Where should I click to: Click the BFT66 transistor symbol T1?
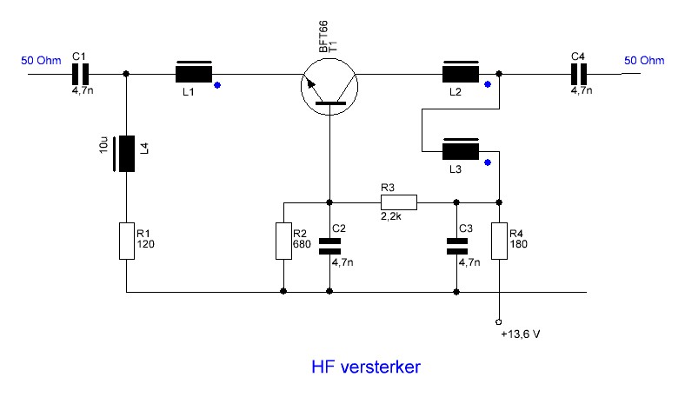(329, 87)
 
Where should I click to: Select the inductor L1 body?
(194, 72)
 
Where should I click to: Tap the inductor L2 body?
(461, 72)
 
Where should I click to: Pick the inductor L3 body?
(461, 149)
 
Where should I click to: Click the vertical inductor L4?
(126, 154)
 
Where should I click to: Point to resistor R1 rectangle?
(127, 242)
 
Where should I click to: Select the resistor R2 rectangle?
(283, 242)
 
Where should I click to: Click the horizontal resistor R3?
(399, 202)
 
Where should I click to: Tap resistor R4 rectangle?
(499, 242)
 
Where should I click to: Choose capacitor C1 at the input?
(80, 74)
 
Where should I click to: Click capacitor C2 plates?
(329, 247)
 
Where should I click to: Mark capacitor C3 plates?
(456, 247)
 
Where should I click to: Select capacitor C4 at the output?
(579, 74)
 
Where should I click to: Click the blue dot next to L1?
(217, 85)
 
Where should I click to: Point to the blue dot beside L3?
(488, 162)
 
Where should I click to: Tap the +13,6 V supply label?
(521, 334)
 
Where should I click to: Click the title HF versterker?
(366, 367)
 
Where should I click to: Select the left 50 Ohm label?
(41, 60)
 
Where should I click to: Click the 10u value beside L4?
(103, 144)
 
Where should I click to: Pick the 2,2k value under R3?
(391, 216)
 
